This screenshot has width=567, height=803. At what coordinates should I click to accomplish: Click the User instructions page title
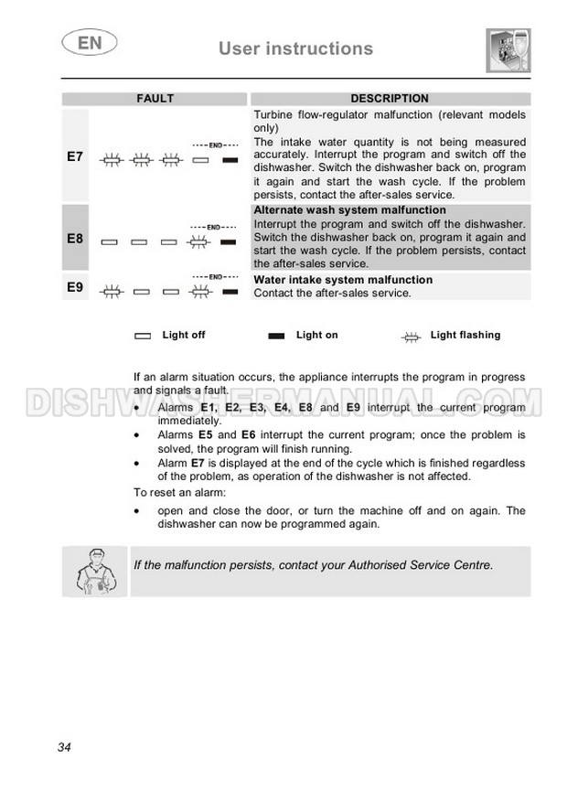click(x=295, y=48)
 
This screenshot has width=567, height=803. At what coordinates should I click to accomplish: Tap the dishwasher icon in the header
click(x=508, y=50)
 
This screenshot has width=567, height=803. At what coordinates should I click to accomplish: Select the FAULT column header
click(x=155, y=99)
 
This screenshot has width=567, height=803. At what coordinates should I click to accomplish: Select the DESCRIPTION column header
click(x=389, y=99)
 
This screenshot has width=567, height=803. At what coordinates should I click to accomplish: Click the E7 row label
click(x=75, y=157)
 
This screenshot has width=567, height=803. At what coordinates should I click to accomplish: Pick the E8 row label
click(x=75, y=238)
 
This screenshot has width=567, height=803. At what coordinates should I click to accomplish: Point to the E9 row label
click(x=75, y=287)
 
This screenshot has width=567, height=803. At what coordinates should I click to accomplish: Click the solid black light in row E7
click(x=230, y=161)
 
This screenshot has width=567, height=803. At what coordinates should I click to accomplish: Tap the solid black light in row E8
click(x=230, y=242)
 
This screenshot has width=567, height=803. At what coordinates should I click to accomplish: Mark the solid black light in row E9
click(x=230, y=292)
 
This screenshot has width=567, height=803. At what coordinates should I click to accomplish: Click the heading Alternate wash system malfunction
click(x=349, y=210)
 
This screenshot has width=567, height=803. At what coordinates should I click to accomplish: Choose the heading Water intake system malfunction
click(x=343, y=280)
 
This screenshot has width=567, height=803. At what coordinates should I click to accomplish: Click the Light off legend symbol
click(x=144, y=337)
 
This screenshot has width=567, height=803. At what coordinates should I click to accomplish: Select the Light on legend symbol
click(x=276, y=337)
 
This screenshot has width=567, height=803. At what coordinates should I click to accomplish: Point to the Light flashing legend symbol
click(x=412, y=337)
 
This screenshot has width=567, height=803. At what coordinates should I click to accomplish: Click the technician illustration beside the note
click(x=94, y=573)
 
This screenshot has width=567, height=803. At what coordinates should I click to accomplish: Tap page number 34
click(x=64, y=747)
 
